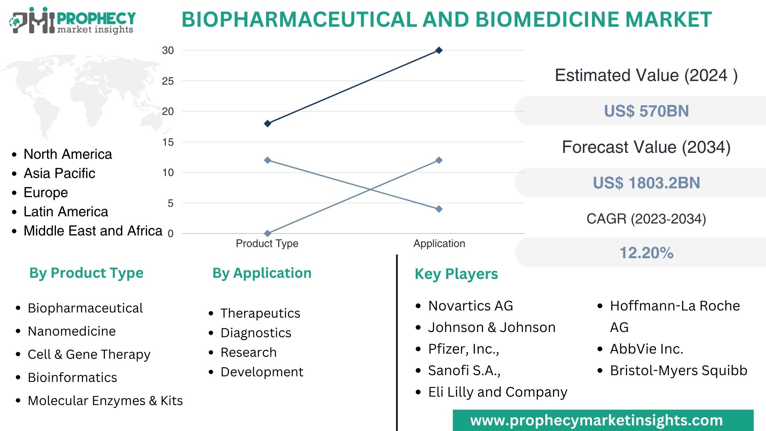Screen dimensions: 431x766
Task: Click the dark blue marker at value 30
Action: click(439, 50)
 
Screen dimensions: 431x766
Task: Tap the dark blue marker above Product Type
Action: click(268, 124)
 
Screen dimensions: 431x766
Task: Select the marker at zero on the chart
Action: click(268, 233)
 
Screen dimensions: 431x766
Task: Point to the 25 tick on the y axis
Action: click(168, 81)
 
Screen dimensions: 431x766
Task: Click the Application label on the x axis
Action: click(439, 243)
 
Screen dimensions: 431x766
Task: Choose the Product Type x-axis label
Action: click(267, 243)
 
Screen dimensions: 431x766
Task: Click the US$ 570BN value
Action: click(646, 111)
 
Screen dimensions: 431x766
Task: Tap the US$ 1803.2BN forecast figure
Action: click(646, 183)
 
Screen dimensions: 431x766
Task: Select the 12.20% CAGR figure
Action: click(646, 253)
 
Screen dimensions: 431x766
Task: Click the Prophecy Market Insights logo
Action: click(72, 21)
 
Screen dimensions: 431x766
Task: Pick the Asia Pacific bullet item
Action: click(59, 173)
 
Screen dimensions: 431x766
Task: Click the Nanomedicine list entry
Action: click(72, 331)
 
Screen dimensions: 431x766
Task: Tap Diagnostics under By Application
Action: click(256, 333)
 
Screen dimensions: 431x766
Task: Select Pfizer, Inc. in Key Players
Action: click(464, 349)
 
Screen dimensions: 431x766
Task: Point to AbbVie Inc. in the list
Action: click(646, 349)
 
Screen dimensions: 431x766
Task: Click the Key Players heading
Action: click(456, 274)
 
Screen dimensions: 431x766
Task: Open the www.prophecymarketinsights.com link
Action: click(596, 421)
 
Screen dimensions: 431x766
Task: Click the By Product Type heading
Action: click(86, 273)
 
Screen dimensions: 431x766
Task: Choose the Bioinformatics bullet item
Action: click(72, 378)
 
